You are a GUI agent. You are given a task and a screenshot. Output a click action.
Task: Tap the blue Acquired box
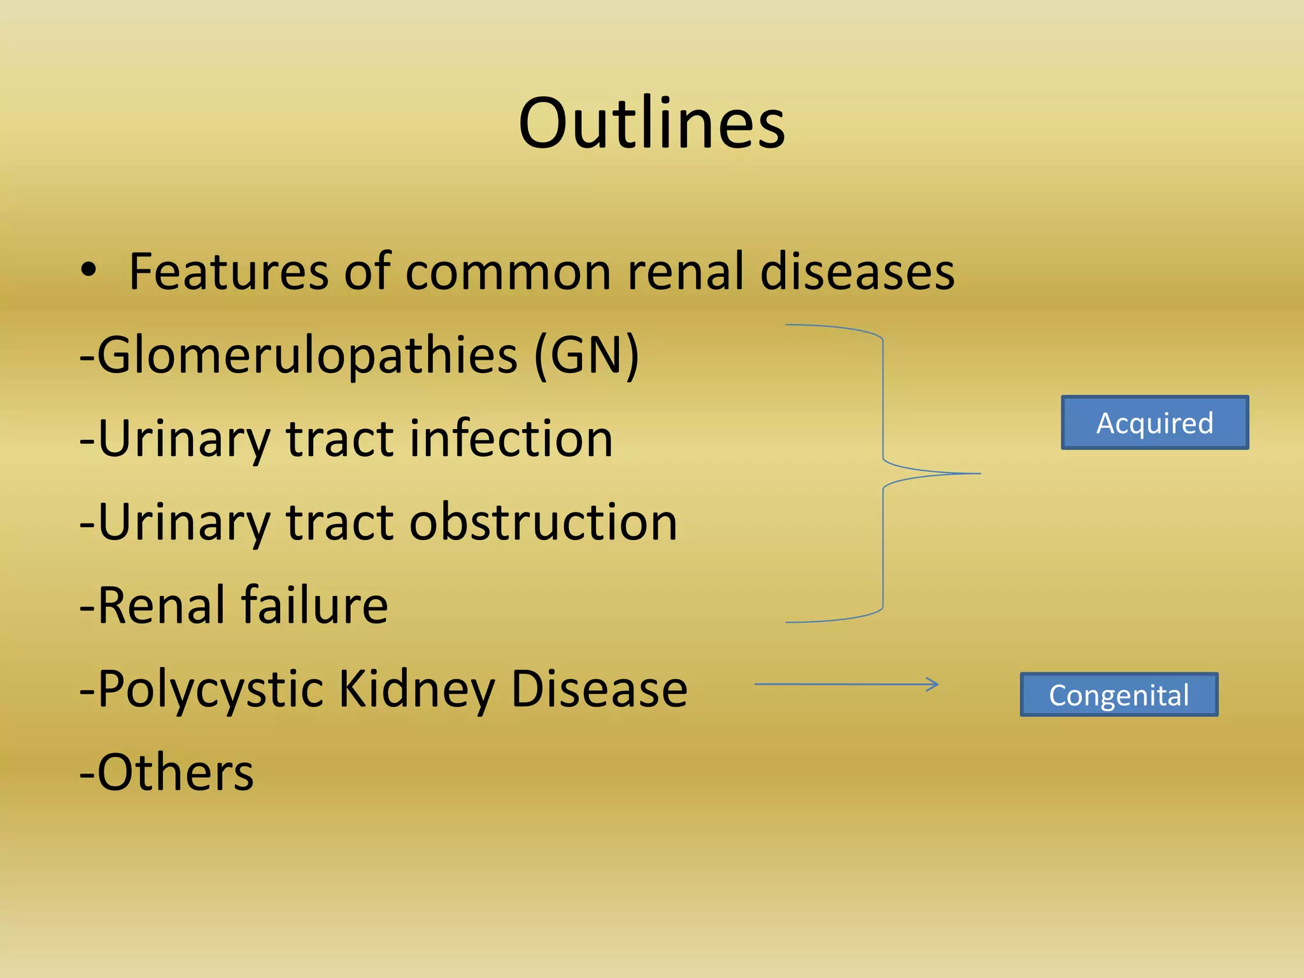pyautogui.click(x=1154, y=423)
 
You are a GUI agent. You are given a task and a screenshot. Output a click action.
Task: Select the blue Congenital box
pyautogui.click(x=1119, y=695)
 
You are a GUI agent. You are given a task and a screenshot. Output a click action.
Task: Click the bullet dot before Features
pyautogui.click(x=89, y=270)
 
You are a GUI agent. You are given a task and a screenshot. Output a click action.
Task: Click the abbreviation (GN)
pyautogui.click(x=586, y=355)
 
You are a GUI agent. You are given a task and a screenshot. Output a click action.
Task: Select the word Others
pyautogui.click(x=175, y=772)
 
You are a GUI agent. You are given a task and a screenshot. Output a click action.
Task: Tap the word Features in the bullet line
pyautogui.click(x=229, y=271)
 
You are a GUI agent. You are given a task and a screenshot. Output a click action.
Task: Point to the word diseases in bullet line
pyautogui.click(x=857, y=271)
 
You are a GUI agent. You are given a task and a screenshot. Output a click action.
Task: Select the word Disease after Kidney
pyautogui.click(x=599, y=689)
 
